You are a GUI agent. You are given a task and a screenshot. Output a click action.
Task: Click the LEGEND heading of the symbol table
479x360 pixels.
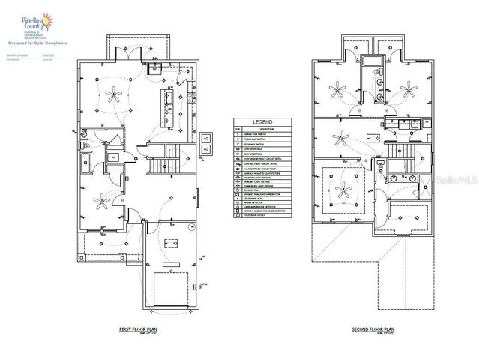pos(262,121)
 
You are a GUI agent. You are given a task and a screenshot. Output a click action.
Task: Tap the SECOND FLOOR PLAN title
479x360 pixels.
pos(373,329)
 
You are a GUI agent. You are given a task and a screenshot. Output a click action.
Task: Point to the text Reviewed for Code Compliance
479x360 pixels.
pos(37,43)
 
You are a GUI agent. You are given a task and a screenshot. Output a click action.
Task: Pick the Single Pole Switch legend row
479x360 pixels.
pos(262,131)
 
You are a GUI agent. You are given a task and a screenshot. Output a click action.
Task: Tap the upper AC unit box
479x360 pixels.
pos(205,139)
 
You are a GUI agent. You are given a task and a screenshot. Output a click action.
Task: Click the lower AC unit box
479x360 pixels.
pos(205,149)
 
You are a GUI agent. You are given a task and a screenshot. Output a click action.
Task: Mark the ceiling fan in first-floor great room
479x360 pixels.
pos(114,94)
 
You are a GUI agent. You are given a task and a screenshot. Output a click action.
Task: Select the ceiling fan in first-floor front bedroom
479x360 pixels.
pos(100,199)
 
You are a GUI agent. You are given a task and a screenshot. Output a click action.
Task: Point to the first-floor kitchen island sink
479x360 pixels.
pos(168,99)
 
